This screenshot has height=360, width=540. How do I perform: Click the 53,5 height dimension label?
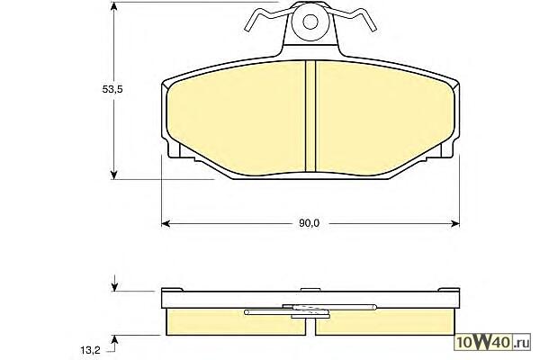coord(112,89)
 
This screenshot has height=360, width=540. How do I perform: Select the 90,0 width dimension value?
coord(309,223)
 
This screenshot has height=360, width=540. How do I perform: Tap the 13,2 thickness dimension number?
coord(90,350)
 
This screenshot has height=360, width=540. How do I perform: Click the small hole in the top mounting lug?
coord(310,22)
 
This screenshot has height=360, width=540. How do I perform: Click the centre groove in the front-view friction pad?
coord(310,116)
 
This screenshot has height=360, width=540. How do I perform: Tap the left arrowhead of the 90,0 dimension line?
coord(166,224)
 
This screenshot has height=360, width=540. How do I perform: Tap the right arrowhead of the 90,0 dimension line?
coord(455,224)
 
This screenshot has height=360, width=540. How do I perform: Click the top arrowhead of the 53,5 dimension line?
coord(114,6)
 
